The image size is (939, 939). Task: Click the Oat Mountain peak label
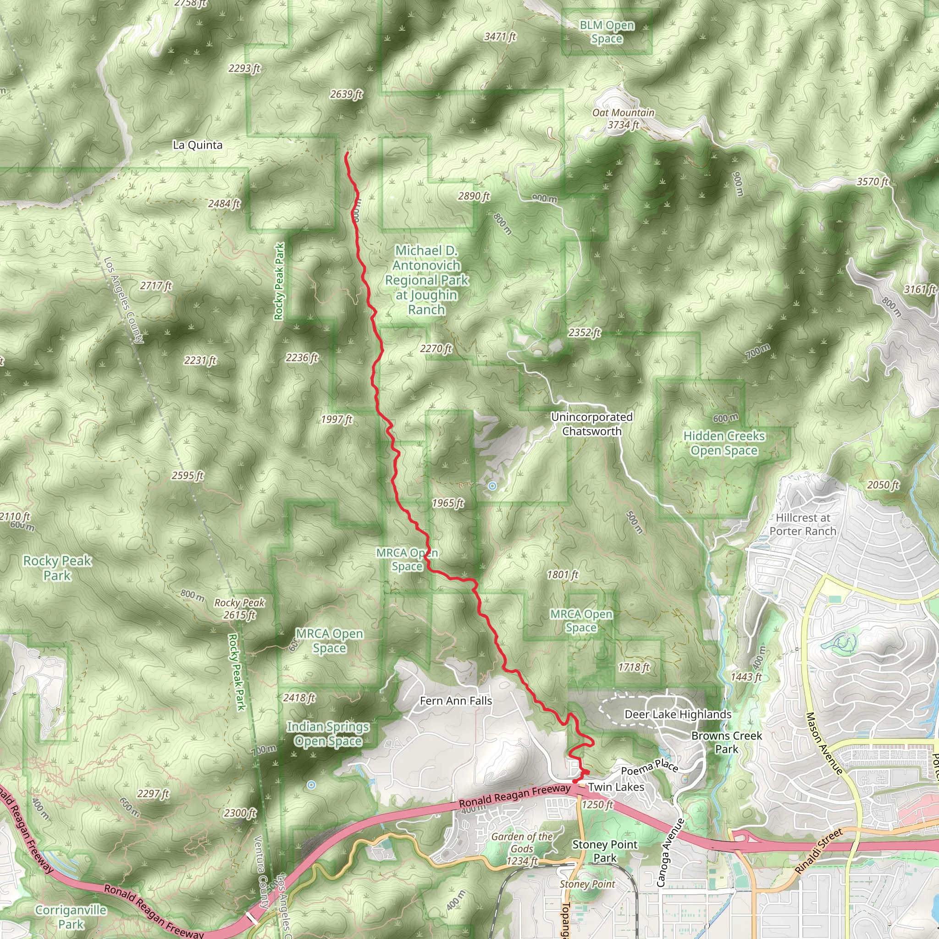pos(623,113)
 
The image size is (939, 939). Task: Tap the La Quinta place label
pos(198,145)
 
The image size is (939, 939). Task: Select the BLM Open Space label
pos(607,32)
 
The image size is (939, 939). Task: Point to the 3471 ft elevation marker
pos(500,37)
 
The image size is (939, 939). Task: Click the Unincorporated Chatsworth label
pos(591,424)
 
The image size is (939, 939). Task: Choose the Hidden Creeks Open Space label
pos(724,443)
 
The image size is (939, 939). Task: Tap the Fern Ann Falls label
pos(456,701)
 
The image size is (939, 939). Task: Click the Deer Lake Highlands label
pos(678,714)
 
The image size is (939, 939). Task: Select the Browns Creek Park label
pos(726,743)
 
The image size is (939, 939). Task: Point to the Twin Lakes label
pos(616,787)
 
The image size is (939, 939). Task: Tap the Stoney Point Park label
pos(605,851)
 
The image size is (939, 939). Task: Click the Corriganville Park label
pos(71,917)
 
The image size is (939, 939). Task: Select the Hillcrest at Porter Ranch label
pos(803,525)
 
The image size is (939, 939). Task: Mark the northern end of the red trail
pos(346,154)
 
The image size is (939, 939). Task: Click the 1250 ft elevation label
pos(597,805)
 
